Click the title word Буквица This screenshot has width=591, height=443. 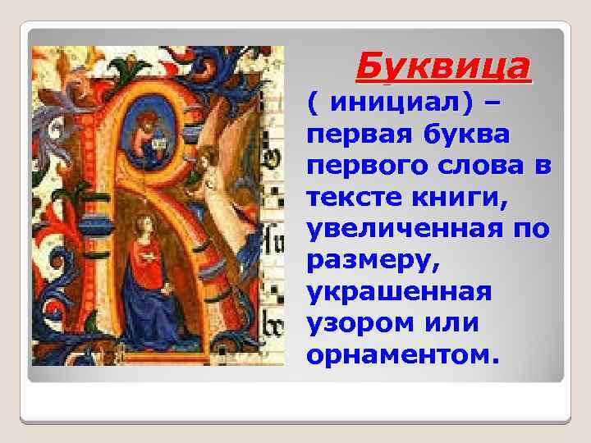click(443, 66)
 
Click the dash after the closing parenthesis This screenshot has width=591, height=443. click(494, 103)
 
